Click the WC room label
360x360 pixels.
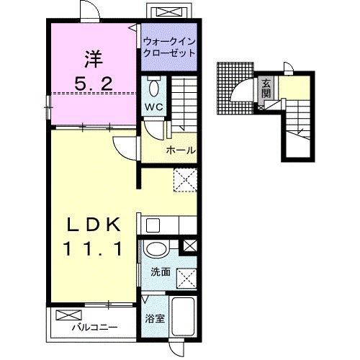click(x=154, y=107)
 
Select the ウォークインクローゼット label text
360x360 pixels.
click(x=169, y=48)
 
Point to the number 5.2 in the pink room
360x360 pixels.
click(x=94, y=84)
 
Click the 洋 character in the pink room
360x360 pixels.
click(x=94, y=59)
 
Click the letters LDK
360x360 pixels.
click(x=94, y=225)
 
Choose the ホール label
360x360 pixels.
click(x=181, y=150)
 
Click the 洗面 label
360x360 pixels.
click(x=161, y=272)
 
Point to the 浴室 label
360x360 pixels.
click(x=155, y=319)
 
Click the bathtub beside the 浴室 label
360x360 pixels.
click(x=183, y=318)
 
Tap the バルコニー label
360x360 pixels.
click(x=95, y=327)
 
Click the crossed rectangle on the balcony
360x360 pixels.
click(x=68, y=315)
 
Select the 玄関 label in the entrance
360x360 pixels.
click(x=266, y=89)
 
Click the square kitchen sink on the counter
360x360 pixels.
click(x=153, y=225)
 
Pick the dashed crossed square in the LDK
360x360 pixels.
click(x=185, y=180)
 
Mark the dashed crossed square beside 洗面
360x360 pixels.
click(x=186, y=278)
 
